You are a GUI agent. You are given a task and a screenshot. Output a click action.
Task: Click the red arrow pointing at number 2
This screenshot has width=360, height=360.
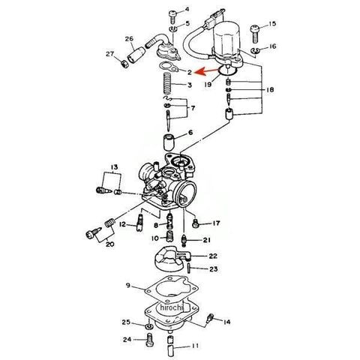[206, 71]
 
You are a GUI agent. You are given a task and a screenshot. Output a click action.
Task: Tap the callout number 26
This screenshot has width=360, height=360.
[129, 39]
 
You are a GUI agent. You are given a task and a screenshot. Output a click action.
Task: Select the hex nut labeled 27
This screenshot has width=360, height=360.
[124, 64]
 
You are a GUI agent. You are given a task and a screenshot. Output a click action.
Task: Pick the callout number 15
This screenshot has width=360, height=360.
[271, 24]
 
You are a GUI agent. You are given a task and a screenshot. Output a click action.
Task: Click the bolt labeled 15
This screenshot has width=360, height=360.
[255, 34]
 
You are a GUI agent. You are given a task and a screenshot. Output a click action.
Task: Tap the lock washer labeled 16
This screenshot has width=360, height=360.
[255, 50]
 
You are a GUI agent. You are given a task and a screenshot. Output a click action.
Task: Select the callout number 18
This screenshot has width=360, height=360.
[270, 90]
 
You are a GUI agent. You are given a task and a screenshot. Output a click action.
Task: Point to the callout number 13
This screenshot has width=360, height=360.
[114, 167]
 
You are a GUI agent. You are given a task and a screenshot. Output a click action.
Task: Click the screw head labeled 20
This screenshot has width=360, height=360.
[90, 235]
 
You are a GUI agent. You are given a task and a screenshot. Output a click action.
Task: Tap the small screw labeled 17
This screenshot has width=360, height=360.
[196, 223]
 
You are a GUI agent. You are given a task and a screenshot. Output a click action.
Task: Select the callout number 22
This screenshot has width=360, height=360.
[213, 256]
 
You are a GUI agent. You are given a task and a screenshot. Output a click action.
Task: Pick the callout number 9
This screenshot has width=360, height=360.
[128, 285]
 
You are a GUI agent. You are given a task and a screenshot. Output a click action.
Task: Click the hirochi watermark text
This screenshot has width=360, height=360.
[172, 307]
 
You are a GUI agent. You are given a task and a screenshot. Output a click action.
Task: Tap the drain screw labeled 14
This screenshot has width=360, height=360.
[210, 319]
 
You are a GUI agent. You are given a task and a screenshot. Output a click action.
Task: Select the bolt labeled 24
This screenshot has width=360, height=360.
[149, 340]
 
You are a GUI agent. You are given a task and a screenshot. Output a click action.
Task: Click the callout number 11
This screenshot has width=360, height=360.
[195, 346]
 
